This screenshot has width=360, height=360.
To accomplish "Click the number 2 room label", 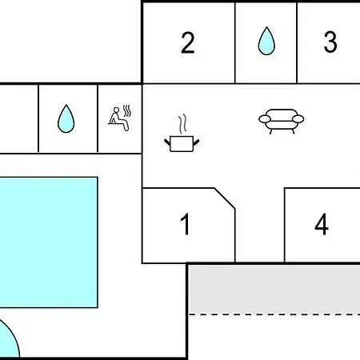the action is pyautogui.click(x=188, y=42).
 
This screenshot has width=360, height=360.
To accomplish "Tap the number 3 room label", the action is pyautogui.click(x=330, y=42).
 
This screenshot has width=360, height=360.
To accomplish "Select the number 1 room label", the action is pyautogui.click(x=186, y=224).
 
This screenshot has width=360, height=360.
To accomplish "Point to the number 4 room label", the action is pyautogui.click(x=322, y=224).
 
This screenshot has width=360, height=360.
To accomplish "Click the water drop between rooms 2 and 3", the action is pyautogui.click(x=266, y=41).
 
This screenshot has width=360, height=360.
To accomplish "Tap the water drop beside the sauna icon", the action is pyautogui.click(x=66, y=118).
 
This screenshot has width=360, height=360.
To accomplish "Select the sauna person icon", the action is pyautogui.click(x=120, y=118).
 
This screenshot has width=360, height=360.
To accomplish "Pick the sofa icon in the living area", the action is pyautogui.click(x=282, y=122).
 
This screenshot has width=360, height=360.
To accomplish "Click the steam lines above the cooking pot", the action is pyautogui.click(x=182, y=124).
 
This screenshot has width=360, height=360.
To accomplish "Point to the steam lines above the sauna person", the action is pyautogui.click(x=127, y=110).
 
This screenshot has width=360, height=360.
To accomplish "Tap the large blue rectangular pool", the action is pyautogui.click(x=49, y=242).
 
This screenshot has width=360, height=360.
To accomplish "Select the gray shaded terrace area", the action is pyautogui.click(x=274, y=290).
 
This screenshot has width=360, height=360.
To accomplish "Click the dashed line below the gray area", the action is pyautogui.click(x=274, y=314).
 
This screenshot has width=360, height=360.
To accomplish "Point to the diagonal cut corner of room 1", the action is pyautogui.click(x=225, y=198).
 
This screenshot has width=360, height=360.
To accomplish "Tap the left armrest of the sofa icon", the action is pyautogui.click(x=265, y=119).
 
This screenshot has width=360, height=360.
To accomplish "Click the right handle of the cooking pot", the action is pyautogui.click(x=196, y=142).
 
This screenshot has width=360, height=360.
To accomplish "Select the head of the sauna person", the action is pyautogui.click(x=116, y=110).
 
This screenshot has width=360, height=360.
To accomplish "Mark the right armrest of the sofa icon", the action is pyautogui.click(x=298, y=119).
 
